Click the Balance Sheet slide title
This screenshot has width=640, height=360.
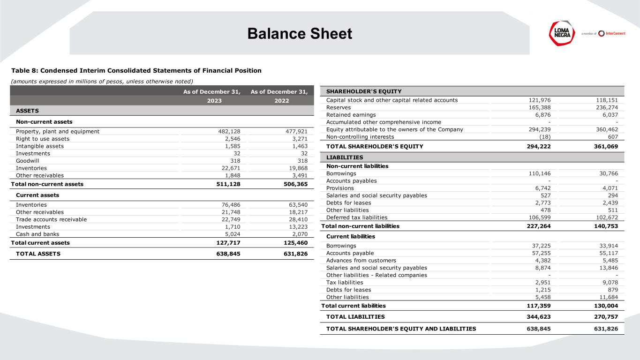(300, 34)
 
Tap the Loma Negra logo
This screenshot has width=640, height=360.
(563, 33)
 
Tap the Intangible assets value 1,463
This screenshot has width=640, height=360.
(298, 146)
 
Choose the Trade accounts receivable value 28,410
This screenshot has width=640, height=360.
(296, 219)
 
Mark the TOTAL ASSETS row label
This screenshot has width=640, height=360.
(38, 254)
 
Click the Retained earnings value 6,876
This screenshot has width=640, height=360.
(547, 115)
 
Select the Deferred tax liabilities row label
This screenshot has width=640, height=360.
(357, 217)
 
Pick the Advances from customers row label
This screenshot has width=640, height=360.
(361, 261)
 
